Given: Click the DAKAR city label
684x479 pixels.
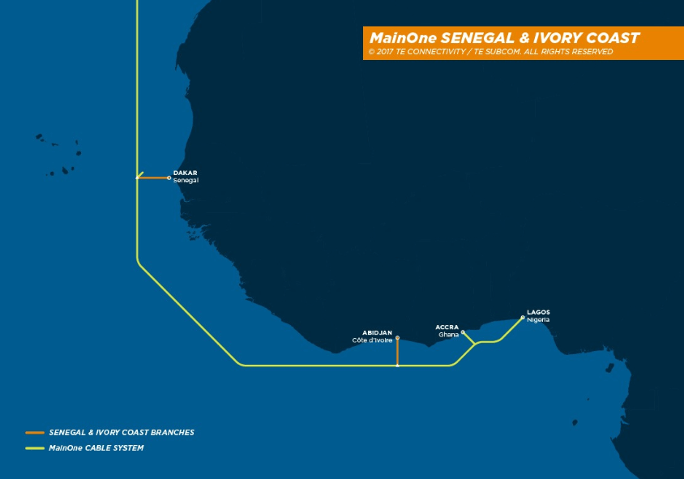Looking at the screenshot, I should coord(185,173).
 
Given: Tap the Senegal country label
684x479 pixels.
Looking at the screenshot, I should coord(186,180).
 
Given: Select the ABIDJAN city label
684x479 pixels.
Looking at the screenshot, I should coord(378,333).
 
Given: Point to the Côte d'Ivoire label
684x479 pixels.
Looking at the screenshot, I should coord(373,340).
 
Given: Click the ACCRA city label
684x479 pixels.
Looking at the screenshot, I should coord(447,327).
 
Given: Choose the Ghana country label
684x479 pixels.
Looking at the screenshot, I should coord(448,335).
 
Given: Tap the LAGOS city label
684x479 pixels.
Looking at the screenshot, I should coord(538,312).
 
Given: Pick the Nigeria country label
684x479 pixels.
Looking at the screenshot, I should coord(538,319).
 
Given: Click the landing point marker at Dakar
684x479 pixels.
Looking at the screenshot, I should coord(169,177).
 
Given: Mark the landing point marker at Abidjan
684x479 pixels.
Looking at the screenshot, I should coord(397,338).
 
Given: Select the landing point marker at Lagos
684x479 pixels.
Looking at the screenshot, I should coord(523,317).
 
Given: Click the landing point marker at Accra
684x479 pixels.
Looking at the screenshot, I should coord(463,331).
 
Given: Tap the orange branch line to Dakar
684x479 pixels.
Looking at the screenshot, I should coord(153,177).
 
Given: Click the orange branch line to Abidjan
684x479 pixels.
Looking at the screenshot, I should coord(397,353).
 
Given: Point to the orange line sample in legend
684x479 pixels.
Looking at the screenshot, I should coord(35,433).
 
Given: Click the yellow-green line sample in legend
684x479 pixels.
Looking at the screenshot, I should coord(35,448).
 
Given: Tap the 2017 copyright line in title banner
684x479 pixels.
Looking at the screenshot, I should coord(489,52).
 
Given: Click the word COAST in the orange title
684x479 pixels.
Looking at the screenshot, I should coord(613,38).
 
